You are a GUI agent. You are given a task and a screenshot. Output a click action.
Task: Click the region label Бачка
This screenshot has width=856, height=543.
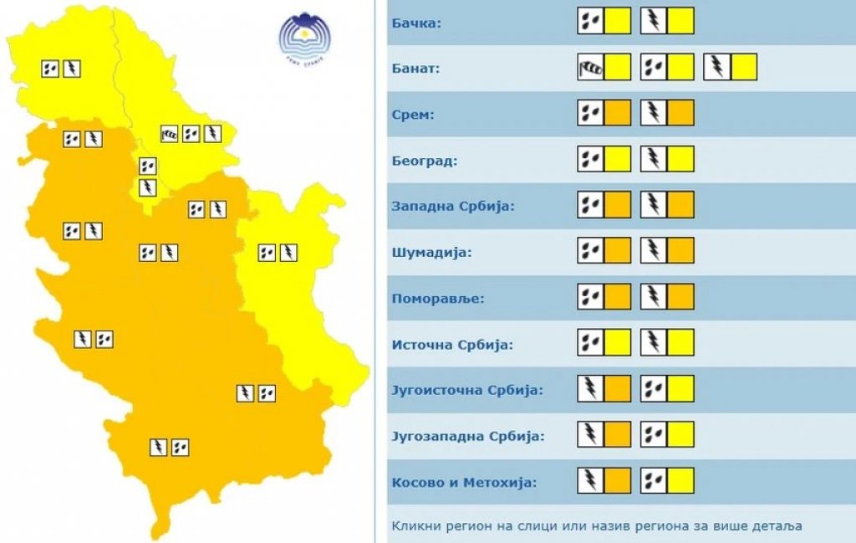[416, 22]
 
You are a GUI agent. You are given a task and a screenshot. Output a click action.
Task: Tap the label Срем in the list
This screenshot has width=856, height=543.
[413, 114]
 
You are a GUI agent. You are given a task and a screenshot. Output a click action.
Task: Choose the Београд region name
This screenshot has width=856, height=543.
[424, 160]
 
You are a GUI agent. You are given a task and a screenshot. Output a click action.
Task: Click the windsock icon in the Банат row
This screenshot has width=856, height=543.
[590, 67]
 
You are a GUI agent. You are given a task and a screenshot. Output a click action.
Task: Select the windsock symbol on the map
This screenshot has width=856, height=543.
[170, 133]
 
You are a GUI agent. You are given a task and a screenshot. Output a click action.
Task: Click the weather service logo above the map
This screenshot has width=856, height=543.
[306, 35]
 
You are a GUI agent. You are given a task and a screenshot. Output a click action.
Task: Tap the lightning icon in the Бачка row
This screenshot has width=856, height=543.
[654, 21]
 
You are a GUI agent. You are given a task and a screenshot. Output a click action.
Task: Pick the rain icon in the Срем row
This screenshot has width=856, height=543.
[590, 112]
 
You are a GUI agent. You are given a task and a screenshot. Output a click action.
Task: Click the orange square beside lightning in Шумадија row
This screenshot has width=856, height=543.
[681, 250]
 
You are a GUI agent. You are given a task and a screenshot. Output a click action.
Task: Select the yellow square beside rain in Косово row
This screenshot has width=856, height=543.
[681, 480]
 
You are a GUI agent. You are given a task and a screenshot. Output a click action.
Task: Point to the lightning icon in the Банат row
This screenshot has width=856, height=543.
[717, 67]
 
